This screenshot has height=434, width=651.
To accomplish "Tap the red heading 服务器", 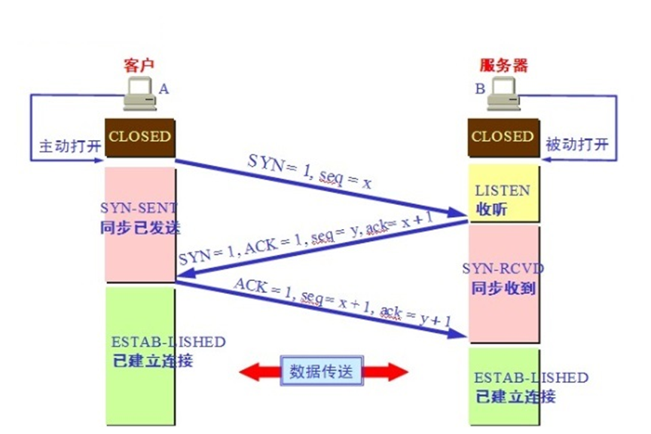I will point(504,66).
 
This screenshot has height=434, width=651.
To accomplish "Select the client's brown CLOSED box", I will point(139,137).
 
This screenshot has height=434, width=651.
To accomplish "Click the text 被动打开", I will point(576,145).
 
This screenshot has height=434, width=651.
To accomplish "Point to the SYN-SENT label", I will point(139,207).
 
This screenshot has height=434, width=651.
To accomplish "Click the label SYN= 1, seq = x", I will point(310,172).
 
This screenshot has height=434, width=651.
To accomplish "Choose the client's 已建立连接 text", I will point(151,360).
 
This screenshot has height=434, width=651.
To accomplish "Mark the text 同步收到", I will point(503,288).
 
